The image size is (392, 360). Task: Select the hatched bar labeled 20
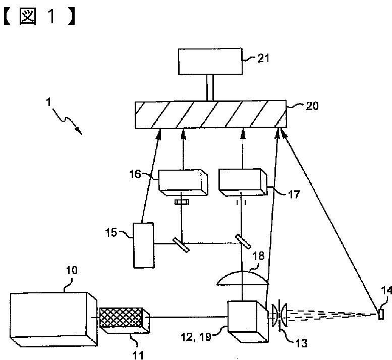(210, 115)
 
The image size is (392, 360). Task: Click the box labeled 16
(183, 181)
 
